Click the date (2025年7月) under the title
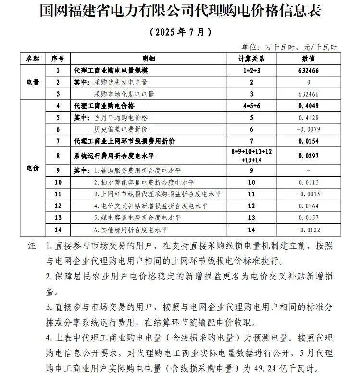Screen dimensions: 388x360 pyautogui.click(x=180, y=32)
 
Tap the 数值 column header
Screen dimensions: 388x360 pyautogui.click(x=309, y=59)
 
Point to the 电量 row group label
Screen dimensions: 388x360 pyautogui.click(x=33, y=82)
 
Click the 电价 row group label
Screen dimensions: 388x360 pyautogui.click(x=33, y=168)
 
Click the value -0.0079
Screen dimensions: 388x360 pyautogui.click(x=308, y=129)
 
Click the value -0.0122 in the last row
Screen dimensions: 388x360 pyautogui.click(x=308, y=230)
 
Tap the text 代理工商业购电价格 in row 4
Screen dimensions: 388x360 pyautogui.click(x=104, y=106)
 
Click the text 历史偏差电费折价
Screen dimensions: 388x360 pyautogui.click(x=121, y=129)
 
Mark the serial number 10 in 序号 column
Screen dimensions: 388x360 pyautogui.click(x=58, y=182)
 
